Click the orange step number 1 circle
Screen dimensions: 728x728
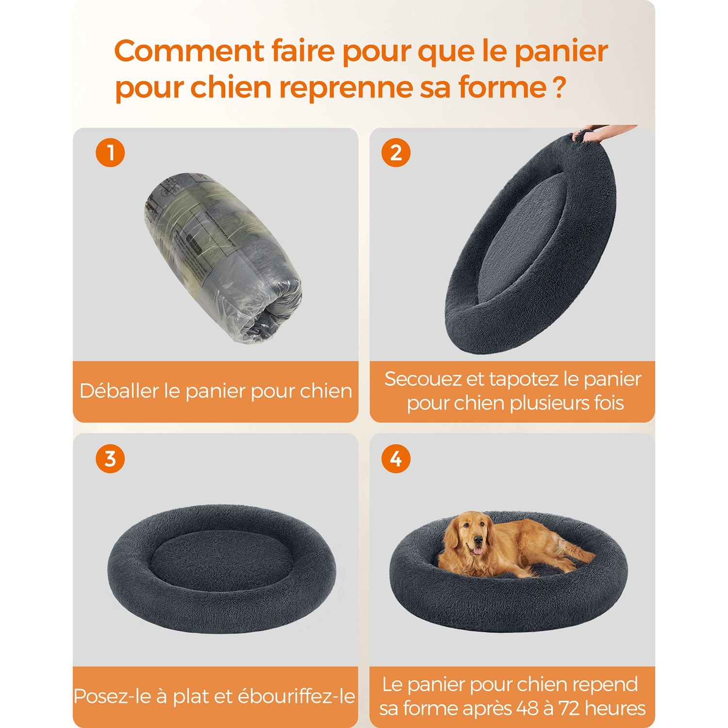[x=111, y=152]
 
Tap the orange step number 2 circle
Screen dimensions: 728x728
[x=396, y=152]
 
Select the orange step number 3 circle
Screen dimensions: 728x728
[x=111, y=458]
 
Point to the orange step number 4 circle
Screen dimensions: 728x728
[x=396, y=458]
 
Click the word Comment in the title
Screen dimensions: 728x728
[x=190, y=50]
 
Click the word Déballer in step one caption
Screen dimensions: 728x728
[x=119, y=391]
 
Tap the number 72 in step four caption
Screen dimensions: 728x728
[x=569, y=709]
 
